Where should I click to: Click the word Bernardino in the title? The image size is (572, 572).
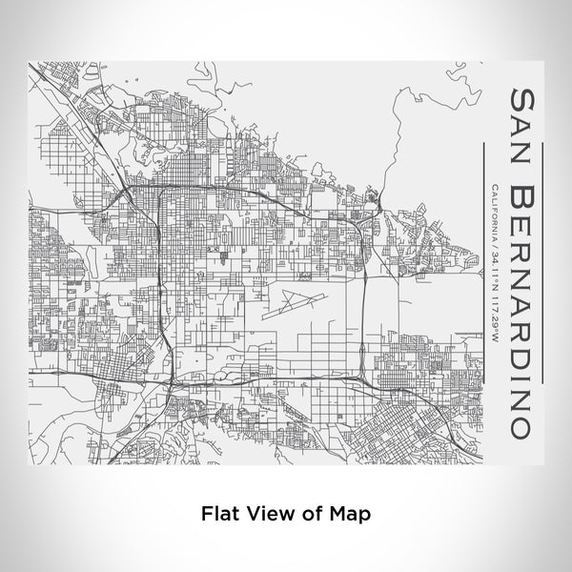coord(523,310)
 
